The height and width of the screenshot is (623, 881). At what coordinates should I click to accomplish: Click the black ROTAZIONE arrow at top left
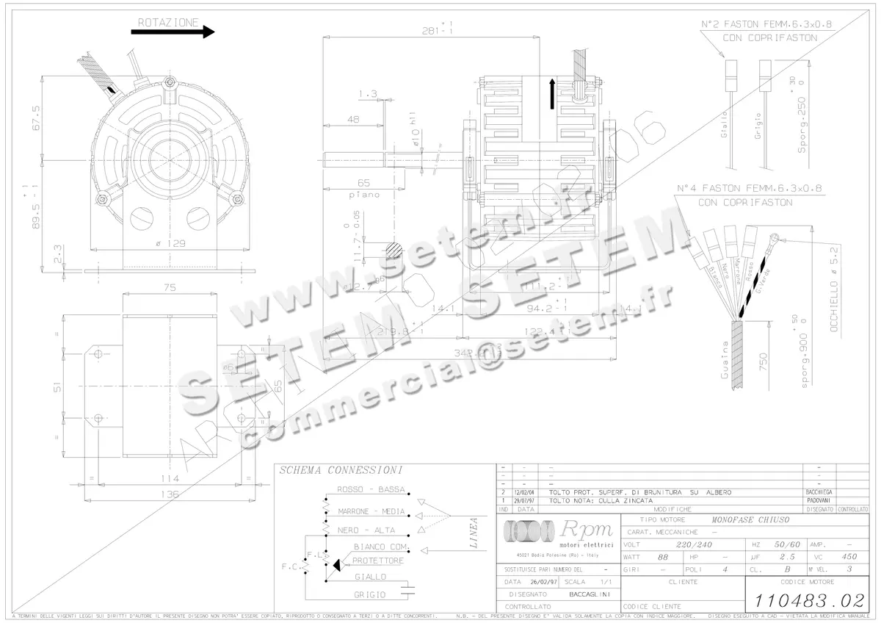173,32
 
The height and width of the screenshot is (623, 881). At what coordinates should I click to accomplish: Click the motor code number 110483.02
805,599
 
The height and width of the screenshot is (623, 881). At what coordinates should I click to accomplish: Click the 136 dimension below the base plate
170,494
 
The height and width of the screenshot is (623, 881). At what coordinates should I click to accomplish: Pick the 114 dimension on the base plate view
170,478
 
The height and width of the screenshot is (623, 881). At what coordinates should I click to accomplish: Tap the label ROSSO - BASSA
371,489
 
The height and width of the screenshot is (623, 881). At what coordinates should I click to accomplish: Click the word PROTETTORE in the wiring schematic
377,561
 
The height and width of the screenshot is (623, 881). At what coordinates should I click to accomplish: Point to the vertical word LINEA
475,533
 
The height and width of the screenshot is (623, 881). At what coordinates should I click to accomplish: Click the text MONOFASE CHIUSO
750,519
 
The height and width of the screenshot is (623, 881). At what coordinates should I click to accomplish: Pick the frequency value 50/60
787,544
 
